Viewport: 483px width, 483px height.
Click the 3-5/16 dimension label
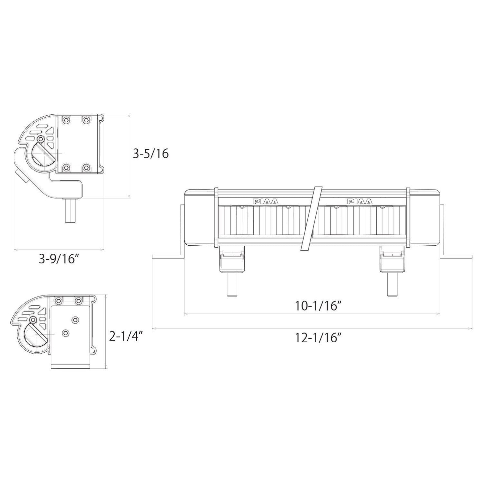[x=151, y=154]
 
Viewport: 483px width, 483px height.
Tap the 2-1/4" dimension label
[x=126, y=337]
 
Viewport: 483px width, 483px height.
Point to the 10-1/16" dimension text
[x=318, y=306]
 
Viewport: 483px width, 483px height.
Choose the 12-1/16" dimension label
[x=318, y=338]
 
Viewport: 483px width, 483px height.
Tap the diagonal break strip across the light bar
[x=312, y=219]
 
